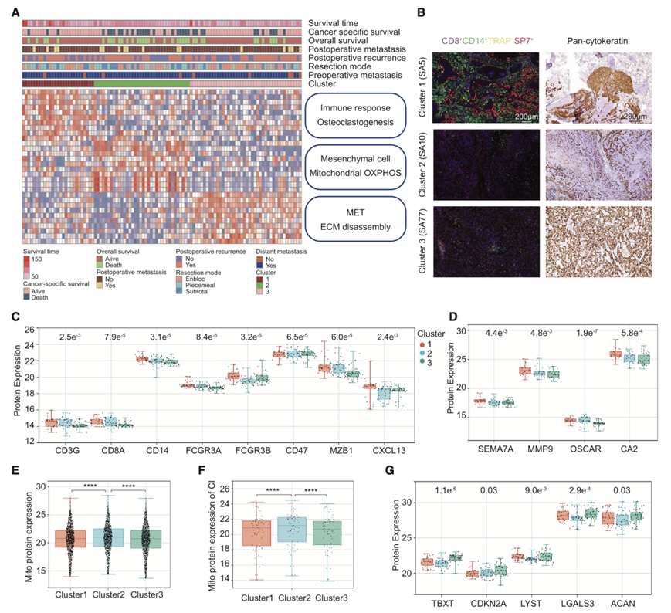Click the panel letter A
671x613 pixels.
[17, 12]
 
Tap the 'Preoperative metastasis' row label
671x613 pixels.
[363, 75]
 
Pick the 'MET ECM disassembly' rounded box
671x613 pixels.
[354, 218]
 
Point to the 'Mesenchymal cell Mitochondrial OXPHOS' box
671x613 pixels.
[354, 167]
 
